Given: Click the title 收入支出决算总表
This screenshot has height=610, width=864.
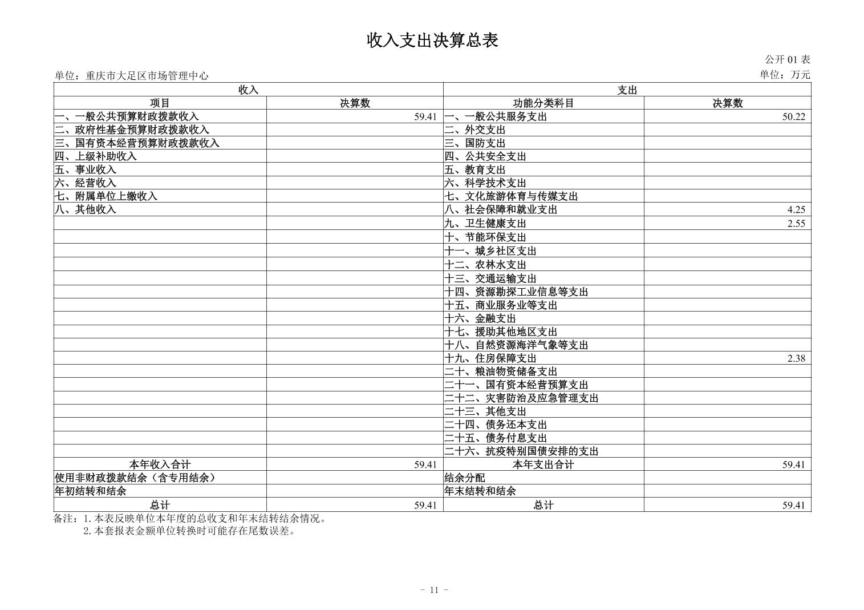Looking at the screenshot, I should click(x=432, y=40).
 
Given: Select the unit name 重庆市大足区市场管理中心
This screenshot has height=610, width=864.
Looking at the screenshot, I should click(x=147, y=75).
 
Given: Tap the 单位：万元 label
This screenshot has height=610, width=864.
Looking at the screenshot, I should click(x=785, y=75).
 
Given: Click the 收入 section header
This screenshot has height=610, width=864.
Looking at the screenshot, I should click(x=248, y=90).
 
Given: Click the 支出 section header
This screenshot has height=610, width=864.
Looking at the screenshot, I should click(x=627, y=90).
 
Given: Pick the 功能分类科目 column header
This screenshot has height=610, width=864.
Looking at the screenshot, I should click(x=543, y=103).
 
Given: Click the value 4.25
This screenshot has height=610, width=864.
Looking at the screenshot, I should click(x=796, y=209).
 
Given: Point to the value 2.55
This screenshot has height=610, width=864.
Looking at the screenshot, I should click(x=796, y=223).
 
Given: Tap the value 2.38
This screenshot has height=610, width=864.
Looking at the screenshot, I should click(x=796, y=358).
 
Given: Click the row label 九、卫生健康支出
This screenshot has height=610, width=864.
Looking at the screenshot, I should click(x=485, y=223).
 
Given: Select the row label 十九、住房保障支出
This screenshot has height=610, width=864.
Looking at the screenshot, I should click(x=490, y=358).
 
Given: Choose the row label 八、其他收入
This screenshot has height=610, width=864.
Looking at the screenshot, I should click(x=86, y=209).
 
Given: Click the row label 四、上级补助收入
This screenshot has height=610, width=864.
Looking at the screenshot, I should click(x=96, y=156).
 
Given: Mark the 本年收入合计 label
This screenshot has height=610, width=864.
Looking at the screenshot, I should click(x=160, y=464).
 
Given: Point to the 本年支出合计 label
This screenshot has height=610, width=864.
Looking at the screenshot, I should click(x=543, y=464).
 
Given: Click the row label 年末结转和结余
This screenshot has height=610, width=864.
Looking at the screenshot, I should click(x=480, y=491).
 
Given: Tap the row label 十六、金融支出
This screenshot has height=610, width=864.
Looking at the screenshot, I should click(x=480, y=318).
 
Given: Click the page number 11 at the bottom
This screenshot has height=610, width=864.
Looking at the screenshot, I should click(x=433, y=590).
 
